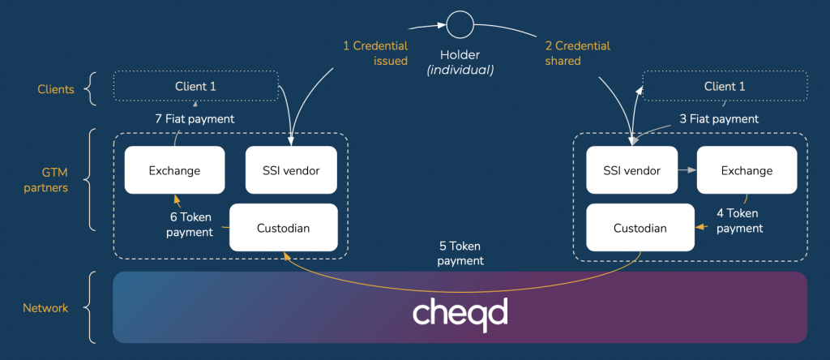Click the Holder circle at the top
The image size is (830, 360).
click(461, 24)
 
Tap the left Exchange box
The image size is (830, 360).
click(174, 170)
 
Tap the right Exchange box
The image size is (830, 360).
click(747, 170)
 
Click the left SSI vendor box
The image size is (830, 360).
click(291, 170)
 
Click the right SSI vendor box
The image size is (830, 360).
click(631, 170)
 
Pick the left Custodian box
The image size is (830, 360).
click(284, 228)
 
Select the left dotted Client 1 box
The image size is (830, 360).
click(195, 87)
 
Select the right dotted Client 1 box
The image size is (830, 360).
click(725, 87)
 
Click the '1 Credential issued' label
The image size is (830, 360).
click(374, 53)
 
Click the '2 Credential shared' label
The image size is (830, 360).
click(577, 53)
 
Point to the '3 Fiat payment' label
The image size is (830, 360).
click(718, 118)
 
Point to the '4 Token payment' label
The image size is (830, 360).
click(739, 221)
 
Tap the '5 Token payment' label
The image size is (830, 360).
click(460, 253)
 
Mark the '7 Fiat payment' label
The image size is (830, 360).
click(195, 118)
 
